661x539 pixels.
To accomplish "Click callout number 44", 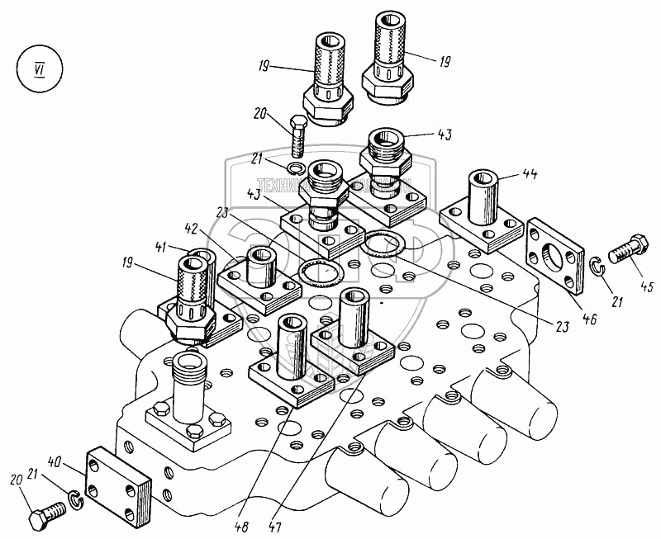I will coord(530,174).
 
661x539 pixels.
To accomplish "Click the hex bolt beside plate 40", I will coord(49,516).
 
